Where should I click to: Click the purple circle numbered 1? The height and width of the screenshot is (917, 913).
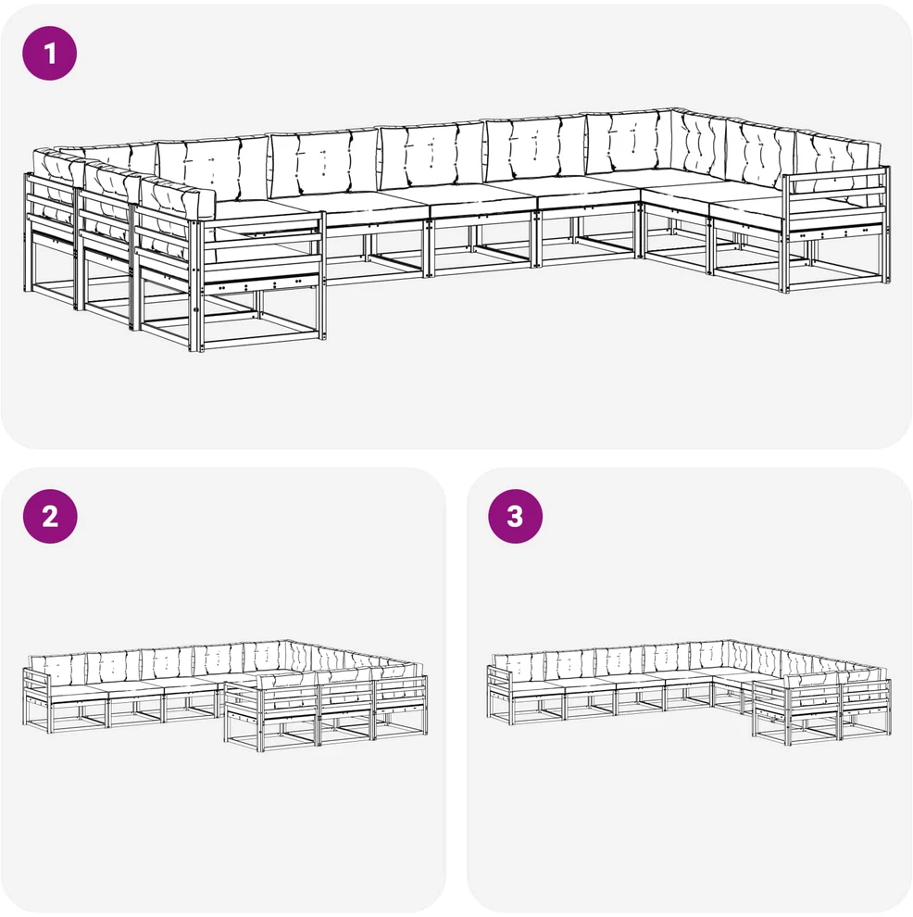(x=50, y=53)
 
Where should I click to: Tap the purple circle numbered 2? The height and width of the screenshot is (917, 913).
(x=50, y=517)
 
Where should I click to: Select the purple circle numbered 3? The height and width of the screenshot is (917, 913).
(x=516, y=517)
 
